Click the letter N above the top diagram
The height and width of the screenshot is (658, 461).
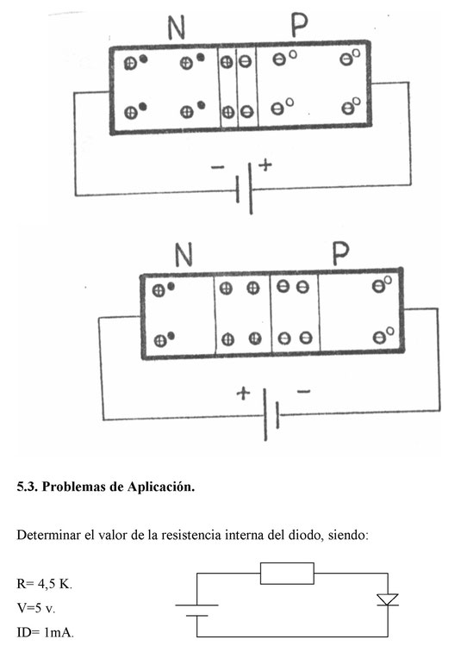(177, 28)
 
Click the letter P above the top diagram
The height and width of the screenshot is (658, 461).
(299, 25)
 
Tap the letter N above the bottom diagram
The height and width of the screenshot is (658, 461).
(184, 254)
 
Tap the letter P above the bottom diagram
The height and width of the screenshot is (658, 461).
(340, 253)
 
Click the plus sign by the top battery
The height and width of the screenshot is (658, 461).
(265, 164)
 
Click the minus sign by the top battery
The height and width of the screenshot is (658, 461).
(217, 167)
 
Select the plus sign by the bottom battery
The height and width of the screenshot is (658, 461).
(243, 394)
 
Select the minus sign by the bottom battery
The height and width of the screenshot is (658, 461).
(303, 392)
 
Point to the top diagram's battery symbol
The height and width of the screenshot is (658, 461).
(245, 189)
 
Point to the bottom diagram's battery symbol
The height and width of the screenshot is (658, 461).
(271, 414)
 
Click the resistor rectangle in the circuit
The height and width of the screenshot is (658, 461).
(287, 574)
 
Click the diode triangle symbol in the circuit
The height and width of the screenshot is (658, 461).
(388, 599)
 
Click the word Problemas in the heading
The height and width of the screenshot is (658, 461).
(73, 487)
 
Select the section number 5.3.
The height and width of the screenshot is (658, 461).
(28, 487)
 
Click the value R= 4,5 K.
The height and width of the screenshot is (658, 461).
(45, 584)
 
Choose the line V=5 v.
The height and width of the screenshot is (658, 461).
(36, 608)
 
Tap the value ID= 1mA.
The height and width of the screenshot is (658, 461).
(46, 632)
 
